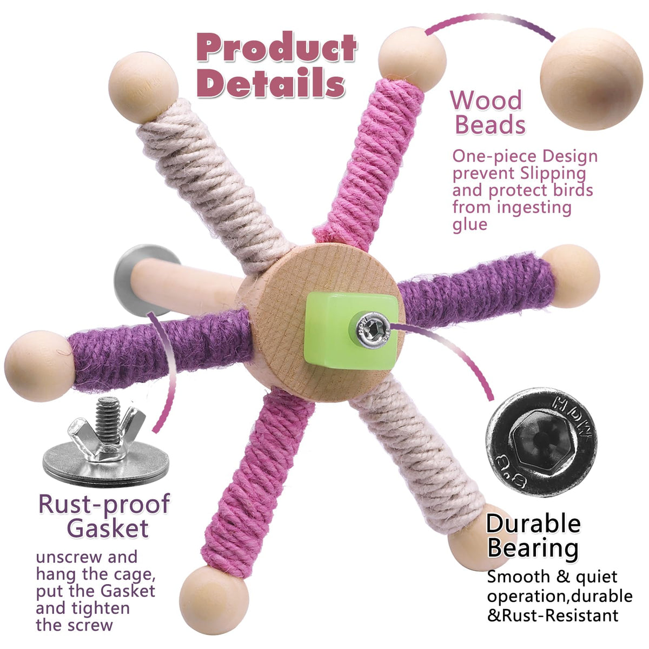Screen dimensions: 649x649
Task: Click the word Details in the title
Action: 270,84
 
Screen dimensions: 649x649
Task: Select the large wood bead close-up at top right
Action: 591,79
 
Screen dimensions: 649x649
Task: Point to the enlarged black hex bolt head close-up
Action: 541,441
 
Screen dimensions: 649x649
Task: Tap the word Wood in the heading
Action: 486,101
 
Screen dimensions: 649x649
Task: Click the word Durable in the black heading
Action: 533,523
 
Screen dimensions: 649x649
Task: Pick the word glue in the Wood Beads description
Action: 469,224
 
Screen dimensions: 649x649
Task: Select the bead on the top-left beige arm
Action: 143,87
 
